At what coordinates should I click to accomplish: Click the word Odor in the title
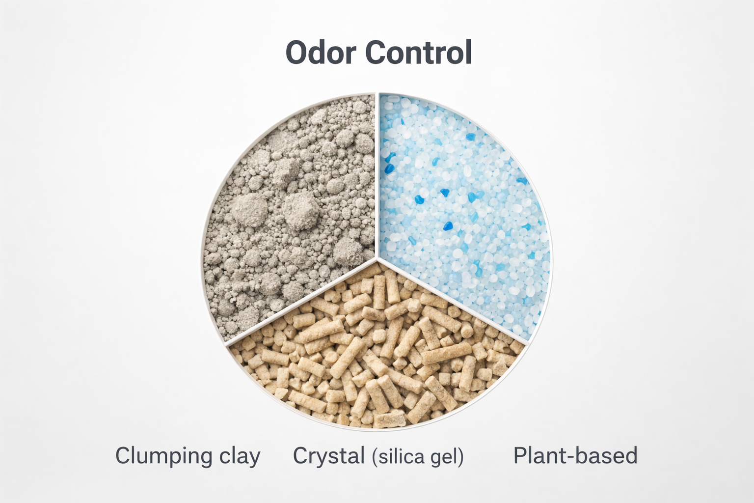pyautogui.click(x=321, y=53)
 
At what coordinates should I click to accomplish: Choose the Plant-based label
pyautogui.click(x=575, y=456)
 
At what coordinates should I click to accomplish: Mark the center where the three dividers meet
pyautogui.click(x=377, y=257)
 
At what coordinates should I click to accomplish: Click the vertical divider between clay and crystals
pyautogui.click(x=377, y=172)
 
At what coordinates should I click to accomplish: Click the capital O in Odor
pyautogui.click(x=297, y=53)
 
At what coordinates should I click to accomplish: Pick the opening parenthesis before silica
pyautogui.click(x=375, y=457)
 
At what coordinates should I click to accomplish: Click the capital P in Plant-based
pyautogui.click(x=520, y=456)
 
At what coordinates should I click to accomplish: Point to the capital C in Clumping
pyautogui.click(x=123, y=456)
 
